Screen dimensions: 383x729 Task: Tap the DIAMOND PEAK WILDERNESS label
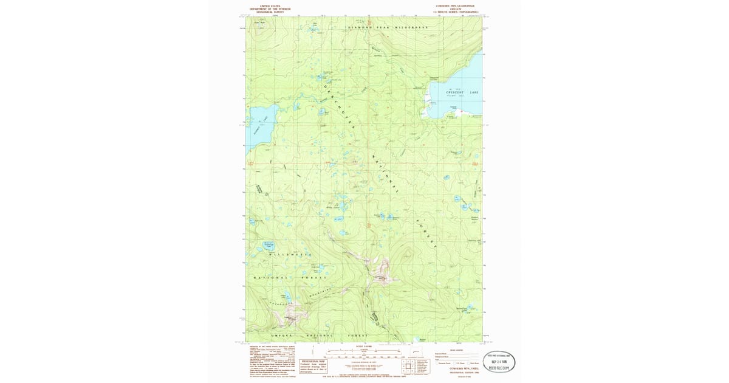coord(388,28)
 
